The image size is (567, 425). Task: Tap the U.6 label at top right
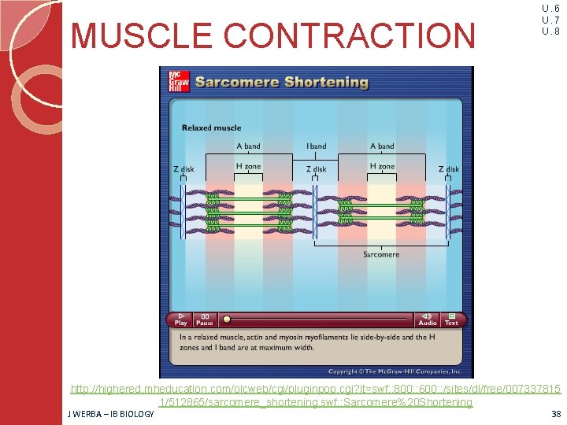click(550, 9)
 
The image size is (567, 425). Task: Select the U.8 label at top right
click(550, 31)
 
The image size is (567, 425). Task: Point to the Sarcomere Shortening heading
click(281, 82)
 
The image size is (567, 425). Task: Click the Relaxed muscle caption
click(211, 128)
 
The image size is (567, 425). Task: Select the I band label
click(316, 146)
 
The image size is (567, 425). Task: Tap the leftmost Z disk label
click(183, 169)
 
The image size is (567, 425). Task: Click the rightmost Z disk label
click(449, 169)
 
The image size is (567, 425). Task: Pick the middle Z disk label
click(316, 169)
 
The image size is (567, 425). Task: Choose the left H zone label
click(249, 167)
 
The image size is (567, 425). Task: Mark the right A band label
click(382, 146)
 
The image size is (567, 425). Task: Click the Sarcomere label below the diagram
click(381, 254)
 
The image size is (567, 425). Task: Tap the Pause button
click(204, 319)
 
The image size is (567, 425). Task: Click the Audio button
click(428, 319)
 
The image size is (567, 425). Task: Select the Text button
click(451, 319)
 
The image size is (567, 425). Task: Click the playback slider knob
click(227, 320)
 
